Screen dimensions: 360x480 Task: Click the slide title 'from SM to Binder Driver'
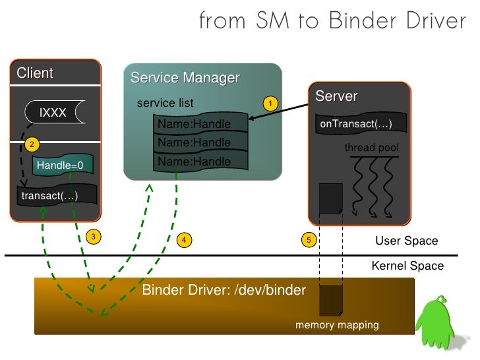pos(332,21)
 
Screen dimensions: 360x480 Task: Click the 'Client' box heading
pos(35,73)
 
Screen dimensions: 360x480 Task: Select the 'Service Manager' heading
pos(185,78)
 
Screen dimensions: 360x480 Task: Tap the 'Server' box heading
pos(336,96)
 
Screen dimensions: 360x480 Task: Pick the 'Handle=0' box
pos(59,165)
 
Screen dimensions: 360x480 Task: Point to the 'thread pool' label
pos(371,148)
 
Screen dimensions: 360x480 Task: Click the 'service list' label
pos(165,104)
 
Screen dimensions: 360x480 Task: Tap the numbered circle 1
pos(269,104)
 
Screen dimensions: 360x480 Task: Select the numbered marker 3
pos(94,236)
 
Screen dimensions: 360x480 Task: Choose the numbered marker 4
pos(185,240)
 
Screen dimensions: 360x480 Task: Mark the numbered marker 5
pos(307,240)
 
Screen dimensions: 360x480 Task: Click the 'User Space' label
pos(406,241)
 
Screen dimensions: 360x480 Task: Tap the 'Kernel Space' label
pos(407,266)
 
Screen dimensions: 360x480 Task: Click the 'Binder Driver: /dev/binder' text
pos(224,291)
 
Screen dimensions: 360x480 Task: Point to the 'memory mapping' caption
pos(337,325)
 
